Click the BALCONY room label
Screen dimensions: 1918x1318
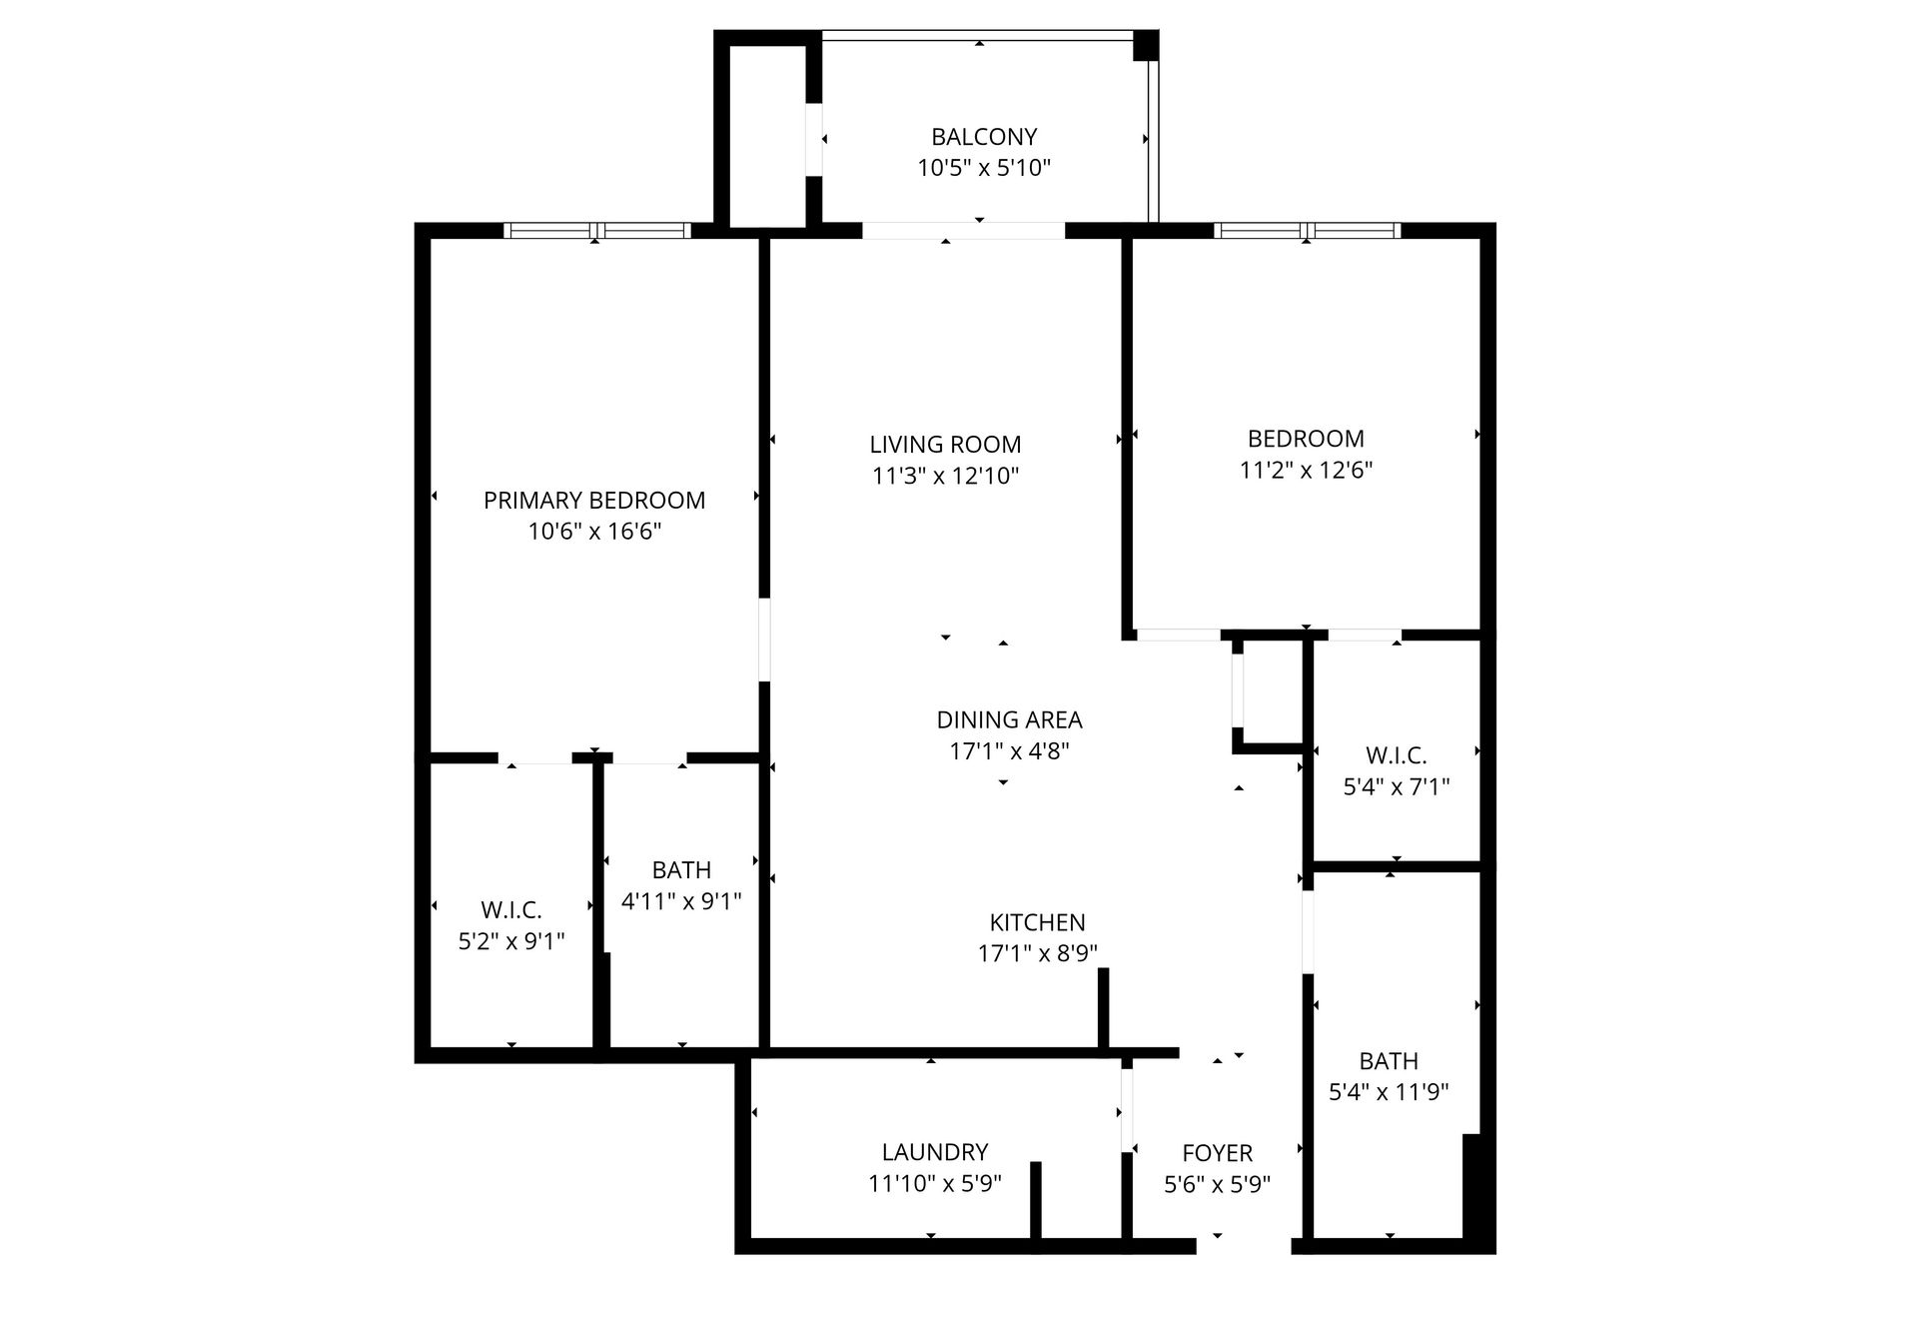click(984, 136)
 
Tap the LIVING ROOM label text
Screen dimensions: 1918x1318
click(945, 445)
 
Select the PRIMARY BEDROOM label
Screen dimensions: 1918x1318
click(594, 500)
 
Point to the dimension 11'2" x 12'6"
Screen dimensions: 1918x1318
click(1306, 470)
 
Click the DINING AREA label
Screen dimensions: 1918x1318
click(1009, 719)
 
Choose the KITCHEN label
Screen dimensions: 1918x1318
click(1037, 922)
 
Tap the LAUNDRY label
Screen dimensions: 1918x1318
click(935, 1152)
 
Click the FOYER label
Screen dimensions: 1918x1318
click(1217, 1153)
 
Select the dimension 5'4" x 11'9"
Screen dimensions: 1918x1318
click(1389, 1092)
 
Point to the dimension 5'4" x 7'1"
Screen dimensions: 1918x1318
click(1396, 786)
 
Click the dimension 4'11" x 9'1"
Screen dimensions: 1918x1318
click(681, 901)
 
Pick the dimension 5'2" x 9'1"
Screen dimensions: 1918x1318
click(511, 940)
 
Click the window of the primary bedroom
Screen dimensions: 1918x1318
click(596, 231)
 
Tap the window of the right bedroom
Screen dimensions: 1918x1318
click(1307, 231)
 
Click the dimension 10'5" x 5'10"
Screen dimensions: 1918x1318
click(984, 167)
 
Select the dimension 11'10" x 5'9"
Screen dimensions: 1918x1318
click(935, 1183)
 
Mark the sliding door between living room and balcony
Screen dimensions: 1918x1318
click(963, 231)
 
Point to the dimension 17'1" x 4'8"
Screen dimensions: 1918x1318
click(1009, 750)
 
